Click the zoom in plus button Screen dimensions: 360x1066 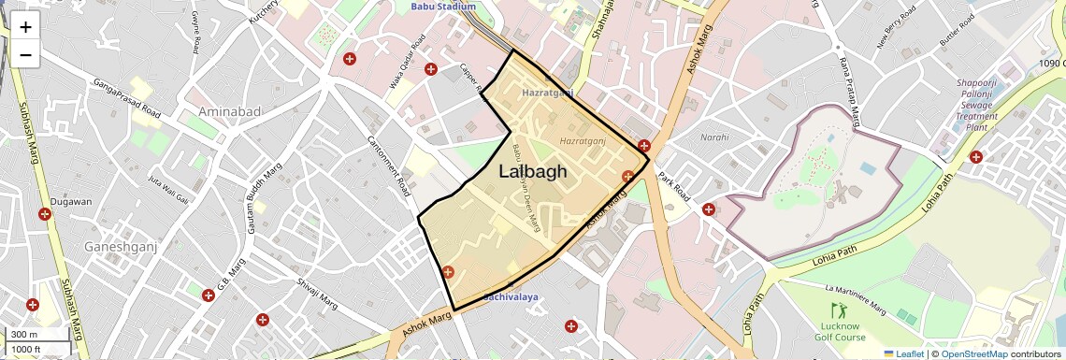[x=25, y=27]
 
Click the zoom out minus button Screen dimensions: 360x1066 [x=25, y=55]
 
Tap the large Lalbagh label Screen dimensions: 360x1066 [x=533, y=171]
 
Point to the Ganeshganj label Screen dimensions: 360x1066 [x=121, y=247]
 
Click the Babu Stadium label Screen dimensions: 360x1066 [x=443, y=7]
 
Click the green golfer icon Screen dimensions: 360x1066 [x=837, y=310]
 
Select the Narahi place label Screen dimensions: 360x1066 [x=714, y=137]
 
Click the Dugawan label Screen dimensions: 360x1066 [x=71, y=202]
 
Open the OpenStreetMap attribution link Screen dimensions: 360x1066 [x=973, y=353]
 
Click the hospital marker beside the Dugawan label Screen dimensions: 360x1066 [x=44, y=215]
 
